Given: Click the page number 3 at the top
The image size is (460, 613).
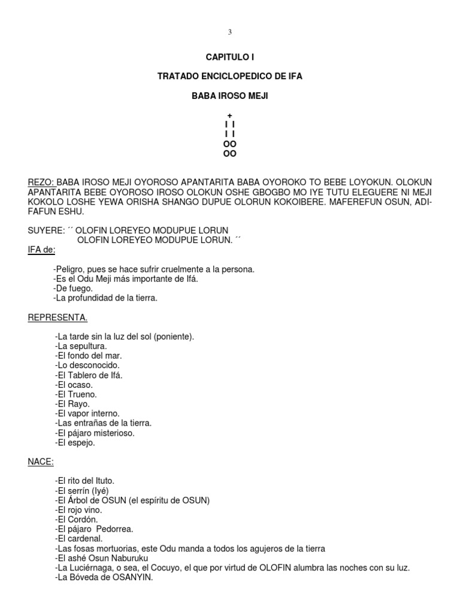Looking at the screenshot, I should (x=230, y=32).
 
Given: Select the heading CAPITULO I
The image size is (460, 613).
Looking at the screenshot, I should (x=230, y=57).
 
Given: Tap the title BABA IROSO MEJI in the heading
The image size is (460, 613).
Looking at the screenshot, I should (x=230, y=96).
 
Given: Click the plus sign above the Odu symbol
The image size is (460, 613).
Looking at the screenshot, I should (x=230, y=115).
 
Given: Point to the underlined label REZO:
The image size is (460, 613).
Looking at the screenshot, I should (x=41, y=182).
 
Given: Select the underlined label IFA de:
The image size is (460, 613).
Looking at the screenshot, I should (x=41, y=250).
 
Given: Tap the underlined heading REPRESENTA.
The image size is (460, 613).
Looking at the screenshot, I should (x=57, y=317).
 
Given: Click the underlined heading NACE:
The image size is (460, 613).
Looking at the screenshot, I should (x=41, y=462).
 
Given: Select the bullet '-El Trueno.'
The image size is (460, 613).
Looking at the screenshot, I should (x=75, y=394).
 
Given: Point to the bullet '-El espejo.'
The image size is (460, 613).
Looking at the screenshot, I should (x=75, y=442).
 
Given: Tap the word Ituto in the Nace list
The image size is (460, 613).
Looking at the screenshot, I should (x=102, y=481).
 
